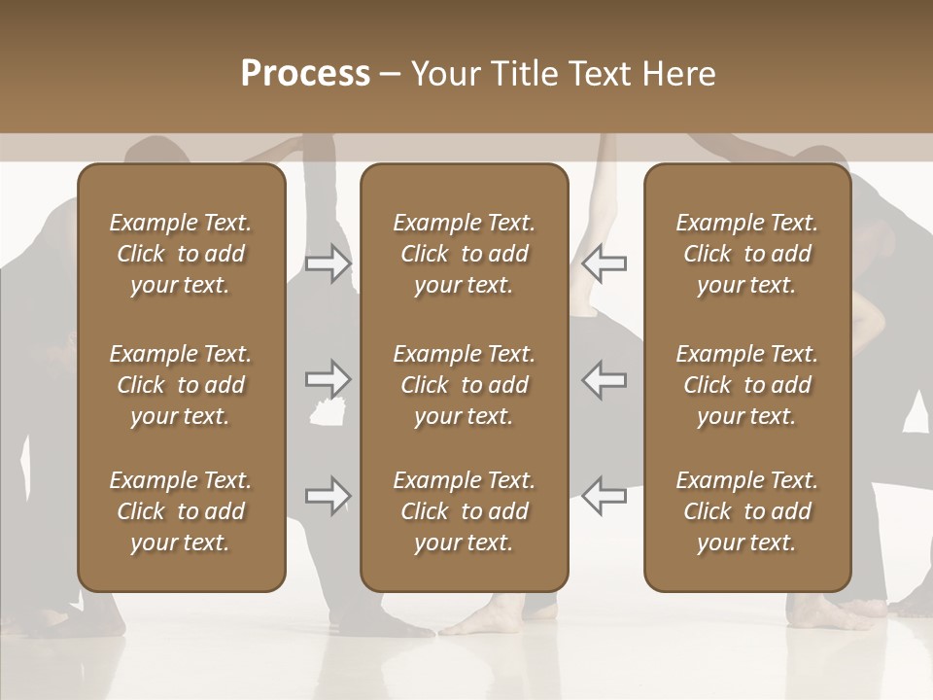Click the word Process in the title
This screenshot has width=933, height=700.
tap(305, 74)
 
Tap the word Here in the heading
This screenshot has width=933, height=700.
tap(679, 74)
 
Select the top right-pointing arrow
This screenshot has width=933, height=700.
tap(328, 262)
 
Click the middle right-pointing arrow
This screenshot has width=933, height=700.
tap(328, 378)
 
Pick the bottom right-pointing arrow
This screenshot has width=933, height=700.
tap(328, 496)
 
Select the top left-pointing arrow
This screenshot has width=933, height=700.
tap(605, 262)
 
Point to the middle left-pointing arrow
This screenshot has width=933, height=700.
tap(605, 378)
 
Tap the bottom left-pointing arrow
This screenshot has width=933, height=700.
tap(605, 496)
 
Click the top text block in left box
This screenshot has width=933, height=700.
tap(181, 254)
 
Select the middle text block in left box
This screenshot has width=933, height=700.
tap(181, 385)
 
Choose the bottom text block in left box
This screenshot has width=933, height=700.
tap(181, 511)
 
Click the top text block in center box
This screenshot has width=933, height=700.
tap(464, 254)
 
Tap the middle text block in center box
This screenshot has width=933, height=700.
tap(464, 385)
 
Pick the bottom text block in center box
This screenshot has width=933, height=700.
tap(464, 511)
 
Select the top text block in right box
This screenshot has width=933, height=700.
tap(746, 254)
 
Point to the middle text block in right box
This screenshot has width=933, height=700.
tap(746, 385)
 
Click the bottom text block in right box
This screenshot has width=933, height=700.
tap(746, 511)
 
